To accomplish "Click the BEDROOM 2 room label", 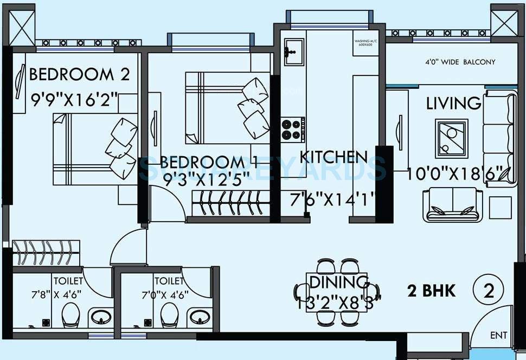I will tap(79, 74).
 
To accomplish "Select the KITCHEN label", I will tap(333, 157).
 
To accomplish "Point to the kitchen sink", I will tap(294, 52).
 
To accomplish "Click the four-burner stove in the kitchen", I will tap(292, 130).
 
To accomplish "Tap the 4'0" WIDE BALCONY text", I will tap(460, 62).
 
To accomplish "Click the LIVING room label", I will tap(453, 103).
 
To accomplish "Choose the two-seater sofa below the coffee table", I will tap(453, 205).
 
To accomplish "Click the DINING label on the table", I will tap(339, 282).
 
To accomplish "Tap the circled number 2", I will tap(488, 291).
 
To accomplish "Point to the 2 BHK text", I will tap(431, 291).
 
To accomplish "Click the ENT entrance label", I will tap(498, 336).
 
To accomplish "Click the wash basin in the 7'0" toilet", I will tap(200, 316).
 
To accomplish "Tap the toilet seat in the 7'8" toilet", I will tap(71, 314).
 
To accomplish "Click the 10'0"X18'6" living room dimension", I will tap(460, 175).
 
